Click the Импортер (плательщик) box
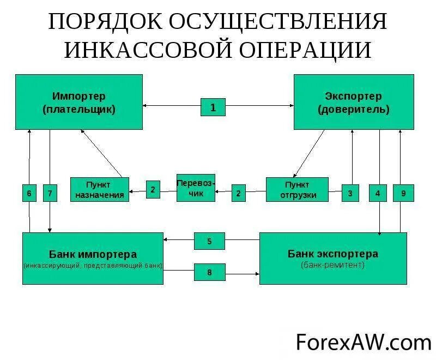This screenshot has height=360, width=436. pyautogui.click(x=79, y=102)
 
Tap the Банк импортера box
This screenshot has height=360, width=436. pyautogui.click(x=93, y=258)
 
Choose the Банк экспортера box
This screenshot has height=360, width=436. pyautogui.click(x=332, y=258)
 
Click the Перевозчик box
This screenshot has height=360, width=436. pyautogui.click(x=196, y=188)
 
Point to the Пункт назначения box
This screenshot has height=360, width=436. pyautogui.click(x=100, y=189)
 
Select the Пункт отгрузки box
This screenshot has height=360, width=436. pyautogui.click(x=297, y=189)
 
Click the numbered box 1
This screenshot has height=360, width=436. pyautogui.click(x=213, y=107)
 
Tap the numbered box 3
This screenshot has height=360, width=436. pyautogui.click(x=350, y=193)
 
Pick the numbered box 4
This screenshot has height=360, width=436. pyautogui.click(x=378, y=193)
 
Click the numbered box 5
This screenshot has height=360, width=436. pyautogui.click(x=209, y=240)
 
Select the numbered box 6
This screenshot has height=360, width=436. pyautogui.click(x=29, y=193)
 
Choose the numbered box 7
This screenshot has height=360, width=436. pyautogui.click(x=50, y=193)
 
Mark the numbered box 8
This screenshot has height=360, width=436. pyautogui.click(x=209, y=272)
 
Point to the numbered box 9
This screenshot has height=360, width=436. pyautogui.click(x=403, y=193)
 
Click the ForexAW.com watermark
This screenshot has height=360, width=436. pyautogui.click(x=363, y=342)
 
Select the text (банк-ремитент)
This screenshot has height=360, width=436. pyautogui.click(x=332, y=265)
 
